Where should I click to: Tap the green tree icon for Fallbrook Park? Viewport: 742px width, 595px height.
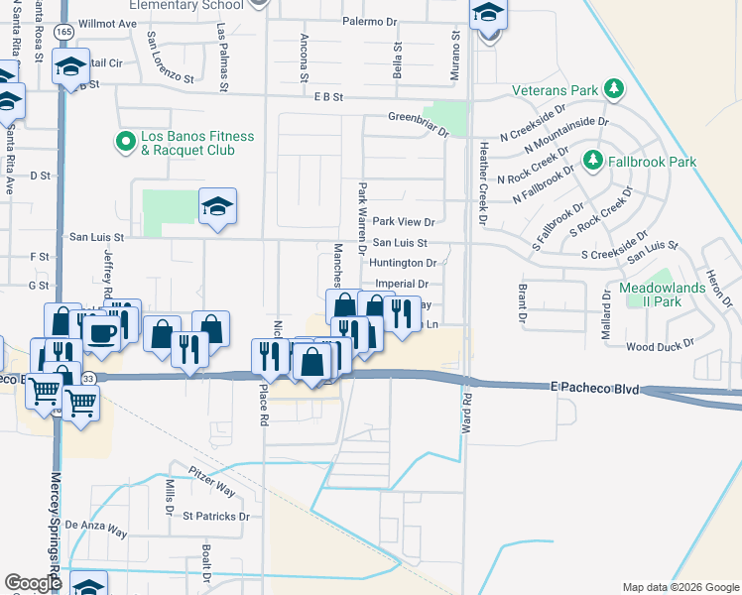[x=593, y=160]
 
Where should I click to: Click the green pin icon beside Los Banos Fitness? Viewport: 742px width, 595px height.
[x=125, y=143]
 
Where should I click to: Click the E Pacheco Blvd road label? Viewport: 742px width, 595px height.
[x=593, y=390]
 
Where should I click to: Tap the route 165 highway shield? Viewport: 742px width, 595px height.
[x=64, y=32]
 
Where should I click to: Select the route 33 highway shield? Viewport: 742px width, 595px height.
[x=88, y=379]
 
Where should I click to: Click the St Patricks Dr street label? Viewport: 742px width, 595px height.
[x=216, y=517]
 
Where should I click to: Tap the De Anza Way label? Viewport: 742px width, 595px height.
[x=96, y=528]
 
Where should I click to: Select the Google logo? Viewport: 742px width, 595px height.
[x=33, y=584]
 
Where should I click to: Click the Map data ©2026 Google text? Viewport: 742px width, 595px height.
[x=680, y=587]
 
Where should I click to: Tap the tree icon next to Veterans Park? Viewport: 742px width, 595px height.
[x=614, y=90]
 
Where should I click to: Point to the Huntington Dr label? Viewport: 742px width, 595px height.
[x=403, y=263]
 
